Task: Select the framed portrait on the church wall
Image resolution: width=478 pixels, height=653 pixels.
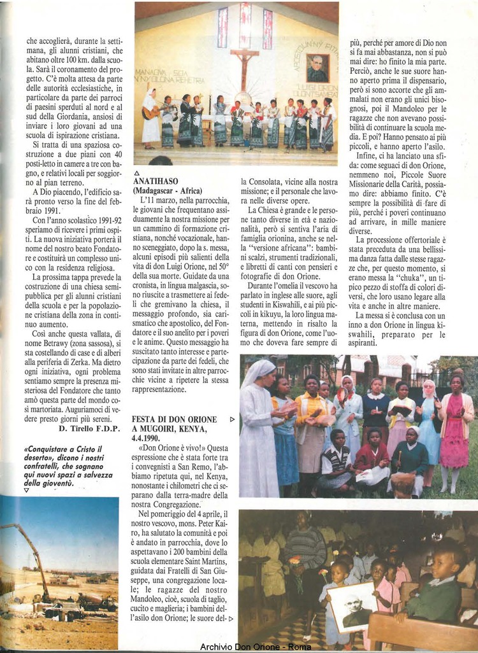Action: point(317,67)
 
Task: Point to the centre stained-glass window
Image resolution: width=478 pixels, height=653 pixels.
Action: point(245,25)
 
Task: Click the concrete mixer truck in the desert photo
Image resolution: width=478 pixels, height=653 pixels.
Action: point(96,601)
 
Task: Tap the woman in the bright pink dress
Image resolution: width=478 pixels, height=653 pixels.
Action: point(454,433)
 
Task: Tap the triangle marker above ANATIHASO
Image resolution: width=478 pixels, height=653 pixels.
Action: point(136,172)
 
